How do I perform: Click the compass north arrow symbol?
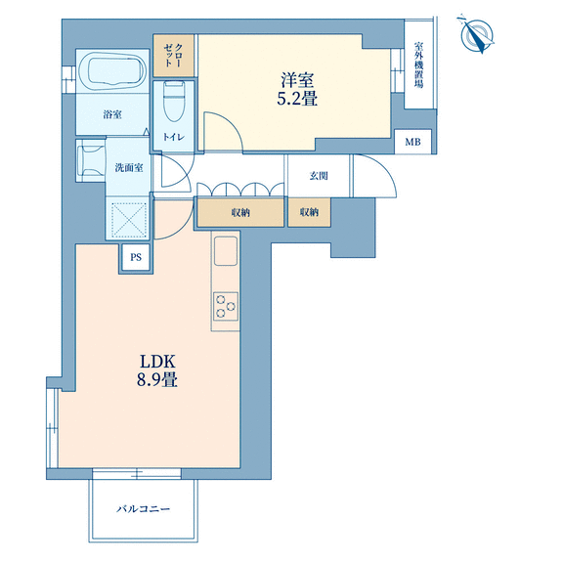pos(477,35)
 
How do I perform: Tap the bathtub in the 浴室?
pos(112,71)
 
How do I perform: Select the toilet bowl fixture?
pos(174,102)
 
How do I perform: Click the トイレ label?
pos(174,137)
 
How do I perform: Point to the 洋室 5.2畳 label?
pos(297,89)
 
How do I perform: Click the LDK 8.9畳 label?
pos(157,370)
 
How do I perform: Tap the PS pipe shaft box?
pos(136,257)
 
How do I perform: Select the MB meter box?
pos(412,142)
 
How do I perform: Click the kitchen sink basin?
pos(226,251)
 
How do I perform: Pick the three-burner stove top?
pos(226,306)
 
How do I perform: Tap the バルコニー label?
pos(143,509)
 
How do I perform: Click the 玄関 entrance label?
pos(319,176)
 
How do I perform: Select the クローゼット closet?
pos(174,56)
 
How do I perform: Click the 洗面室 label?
pos(129,168)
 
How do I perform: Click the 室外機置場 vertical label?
pos(418,65)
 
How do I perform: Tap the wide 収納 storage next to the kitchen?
pos(239,212)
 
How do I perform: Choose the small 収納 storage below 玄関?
pos(309,212)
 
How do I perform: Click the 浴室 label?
pos(112,114)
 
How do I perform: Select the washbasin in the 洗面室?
pos(91,160)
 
